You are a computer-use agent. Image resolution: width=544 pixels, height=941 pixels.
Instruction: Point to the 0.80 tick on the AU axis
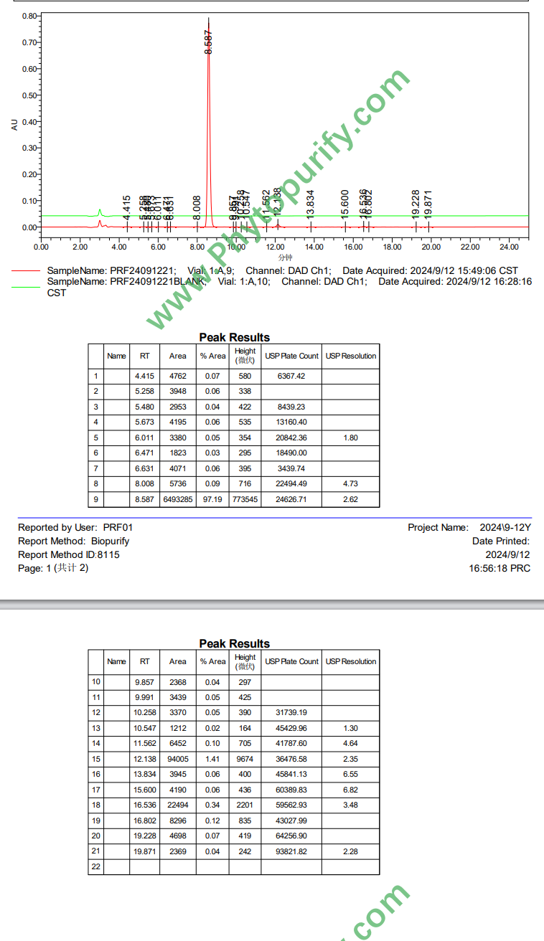click(x=29, y=16)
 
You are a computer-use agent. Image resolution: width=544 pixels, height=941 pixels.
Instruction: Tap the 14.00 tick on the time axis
click(x=314, y=247)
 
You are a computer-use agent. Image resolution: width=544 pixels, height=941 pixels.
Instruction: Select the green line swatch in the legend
click(x=26, y=286)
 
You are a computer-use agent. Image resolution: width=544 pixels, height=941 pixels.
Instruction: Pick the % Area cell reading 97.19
click(x=212, y=499)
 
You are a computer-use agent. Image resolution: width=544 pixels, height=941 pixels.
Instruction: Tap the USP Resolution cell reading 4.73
click(x=350, y=484)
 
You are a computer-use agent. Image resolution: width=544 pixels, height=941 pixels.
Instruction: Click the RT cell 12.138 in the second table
click(x=145, y=759)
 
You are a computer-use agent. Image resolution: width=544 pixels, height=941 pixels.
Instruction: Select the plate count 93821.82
click(x=291, y=851)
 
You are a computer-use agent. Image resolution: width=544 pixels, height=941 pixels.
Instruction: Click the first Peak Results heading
click(x=234, y=337)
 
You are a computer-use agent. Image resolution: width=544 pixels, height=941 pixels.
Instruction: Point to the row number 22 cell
click(x=96, y=866)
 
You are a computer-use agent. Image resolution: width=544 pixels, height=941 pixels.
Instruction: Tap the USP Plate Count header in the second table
click(x=291, y=661)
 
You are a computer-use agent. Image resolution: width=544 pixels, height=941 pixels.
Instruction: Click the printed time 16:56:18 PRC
click(x=500, y=567)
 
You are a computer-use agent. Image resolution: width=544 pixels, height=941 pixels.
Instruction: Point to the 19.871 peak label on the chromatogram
click(x=428, y=204)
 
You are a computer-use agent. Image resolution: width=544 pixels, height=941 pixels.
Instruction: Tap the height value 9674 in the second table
click(x=245, y=759)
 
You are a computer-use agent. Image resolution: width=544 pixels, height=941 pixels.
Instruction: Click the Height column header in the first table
click(x=245, y=356)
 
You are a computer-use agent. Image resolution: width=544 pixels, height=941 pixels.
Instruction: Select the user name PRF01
click(x=118, y=527)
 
